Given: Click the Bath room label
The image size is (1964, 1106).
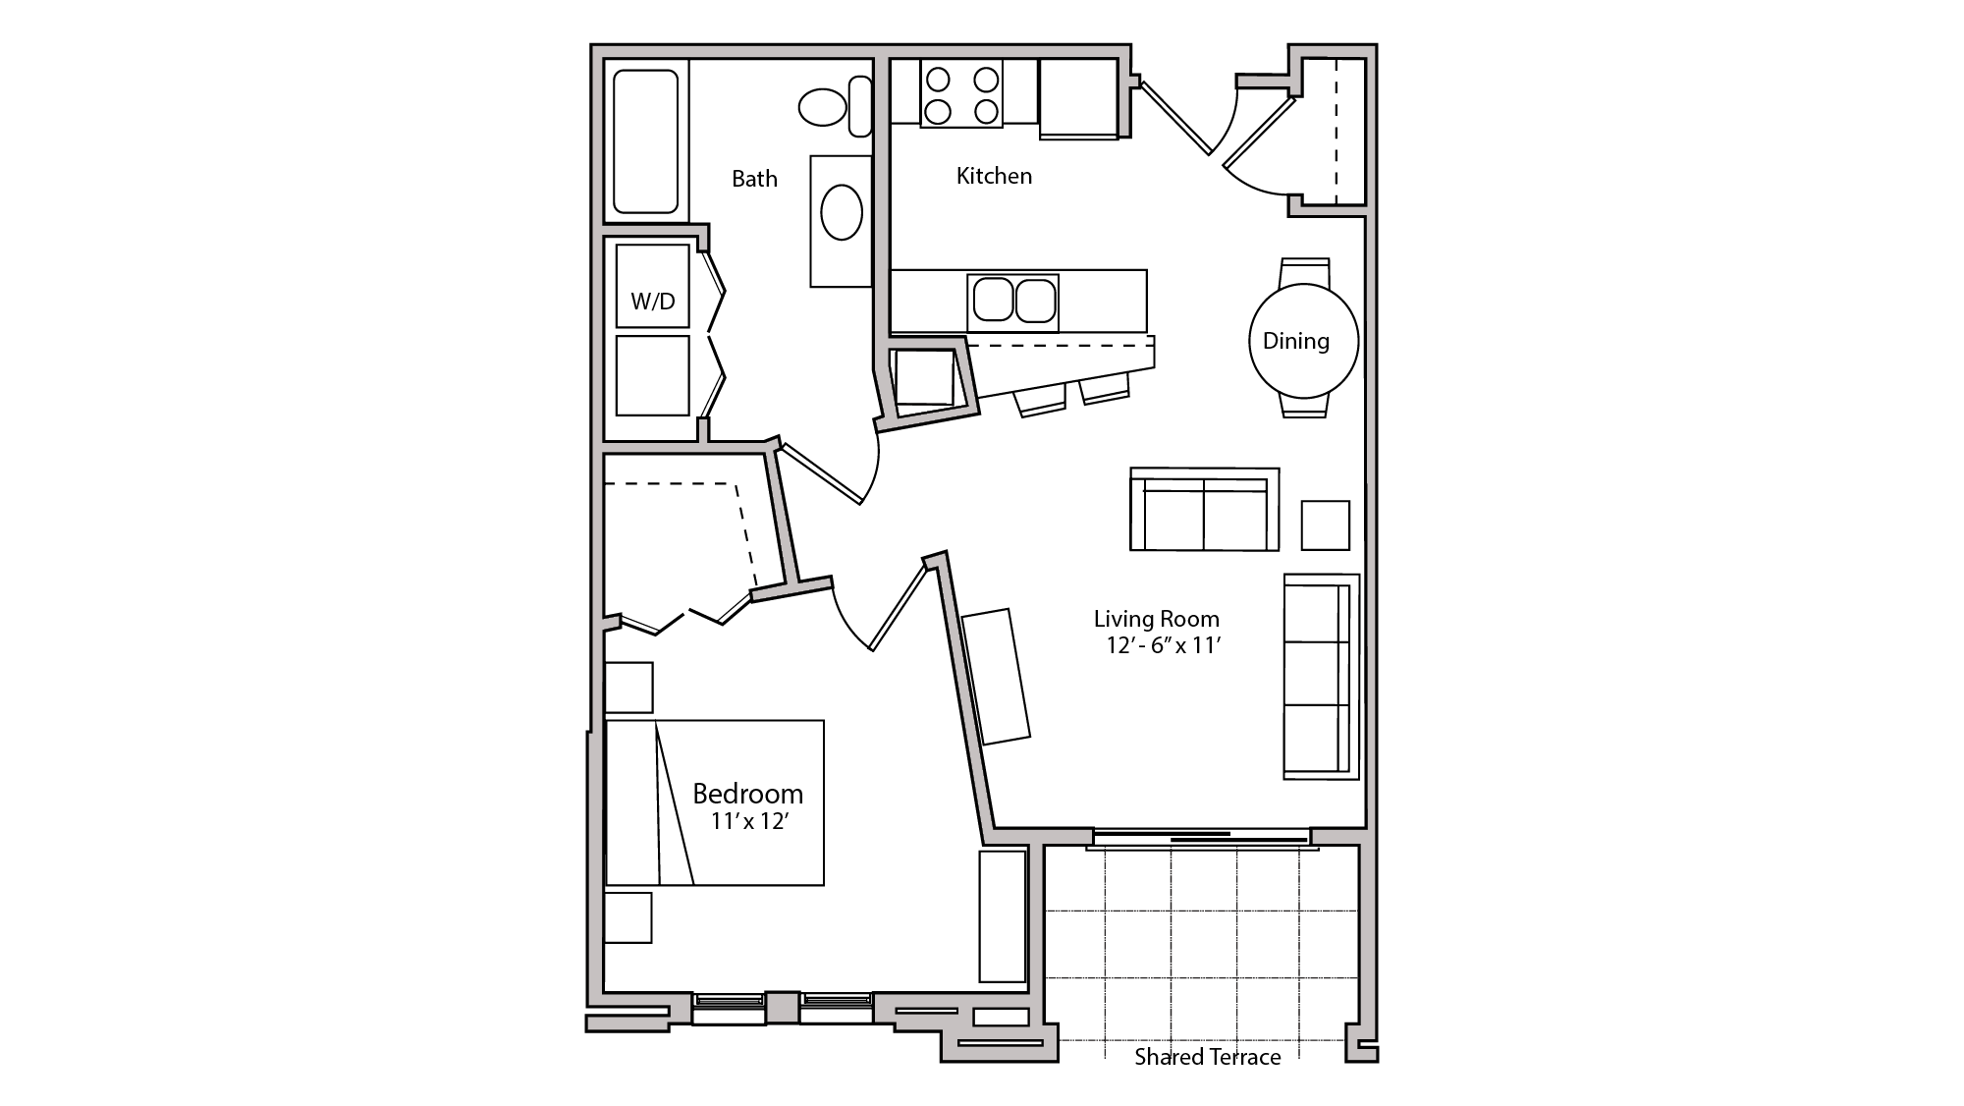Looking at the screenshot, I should tap(754, 179).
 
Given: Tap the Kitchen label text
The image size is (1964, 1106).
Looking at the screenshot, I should tap(994, 176).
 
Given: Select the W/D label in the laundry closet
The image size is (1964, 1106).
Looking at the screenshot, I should tap(653, 301).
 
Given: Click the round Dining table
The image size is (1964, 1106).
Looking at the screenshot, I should tap(1303, 340).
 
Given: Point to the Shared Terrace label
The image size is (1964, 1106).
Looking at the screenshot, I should tap(1207, 1057).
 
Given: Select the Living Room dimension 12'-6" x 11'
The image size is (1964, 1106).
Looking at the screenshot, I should tap(1162, 645).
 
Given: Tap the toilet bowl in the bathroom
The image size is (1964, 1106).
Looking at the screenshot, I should tap(823, 107).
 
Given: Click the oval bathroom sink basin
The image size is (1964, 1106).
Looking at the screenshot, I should tap(842, 212).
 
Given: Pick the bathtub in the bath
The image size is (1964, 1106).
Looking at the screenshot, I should tap(645, 140).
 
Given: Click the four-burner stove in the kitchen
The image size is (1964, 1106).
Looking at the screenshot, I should tap(961, 94).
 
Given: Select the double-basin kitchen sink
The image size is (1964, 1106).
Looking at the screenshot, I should tap(1012, 302).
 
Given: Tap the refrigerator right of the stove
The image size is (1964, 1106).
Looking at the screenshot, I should tap(1078, 97).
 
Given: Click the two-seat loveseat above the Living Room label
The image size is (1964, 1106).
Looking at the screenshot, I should tap(1204, 510).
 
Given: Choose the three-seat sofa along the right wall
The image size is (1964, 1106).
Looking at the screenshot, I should tap(1320, 678).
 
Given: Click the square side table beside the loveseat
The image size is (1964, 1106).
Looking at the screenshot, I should tap(1325, 525).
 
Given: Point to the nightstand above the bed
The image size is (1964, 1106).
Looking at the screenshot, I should tap(628, 688).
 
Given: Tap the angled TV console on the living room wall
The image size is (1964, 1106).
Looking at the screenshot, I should tap(996, 676).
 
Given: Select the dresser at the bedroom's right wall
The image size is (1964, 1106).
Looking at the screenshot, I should tap(1002, 915).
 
